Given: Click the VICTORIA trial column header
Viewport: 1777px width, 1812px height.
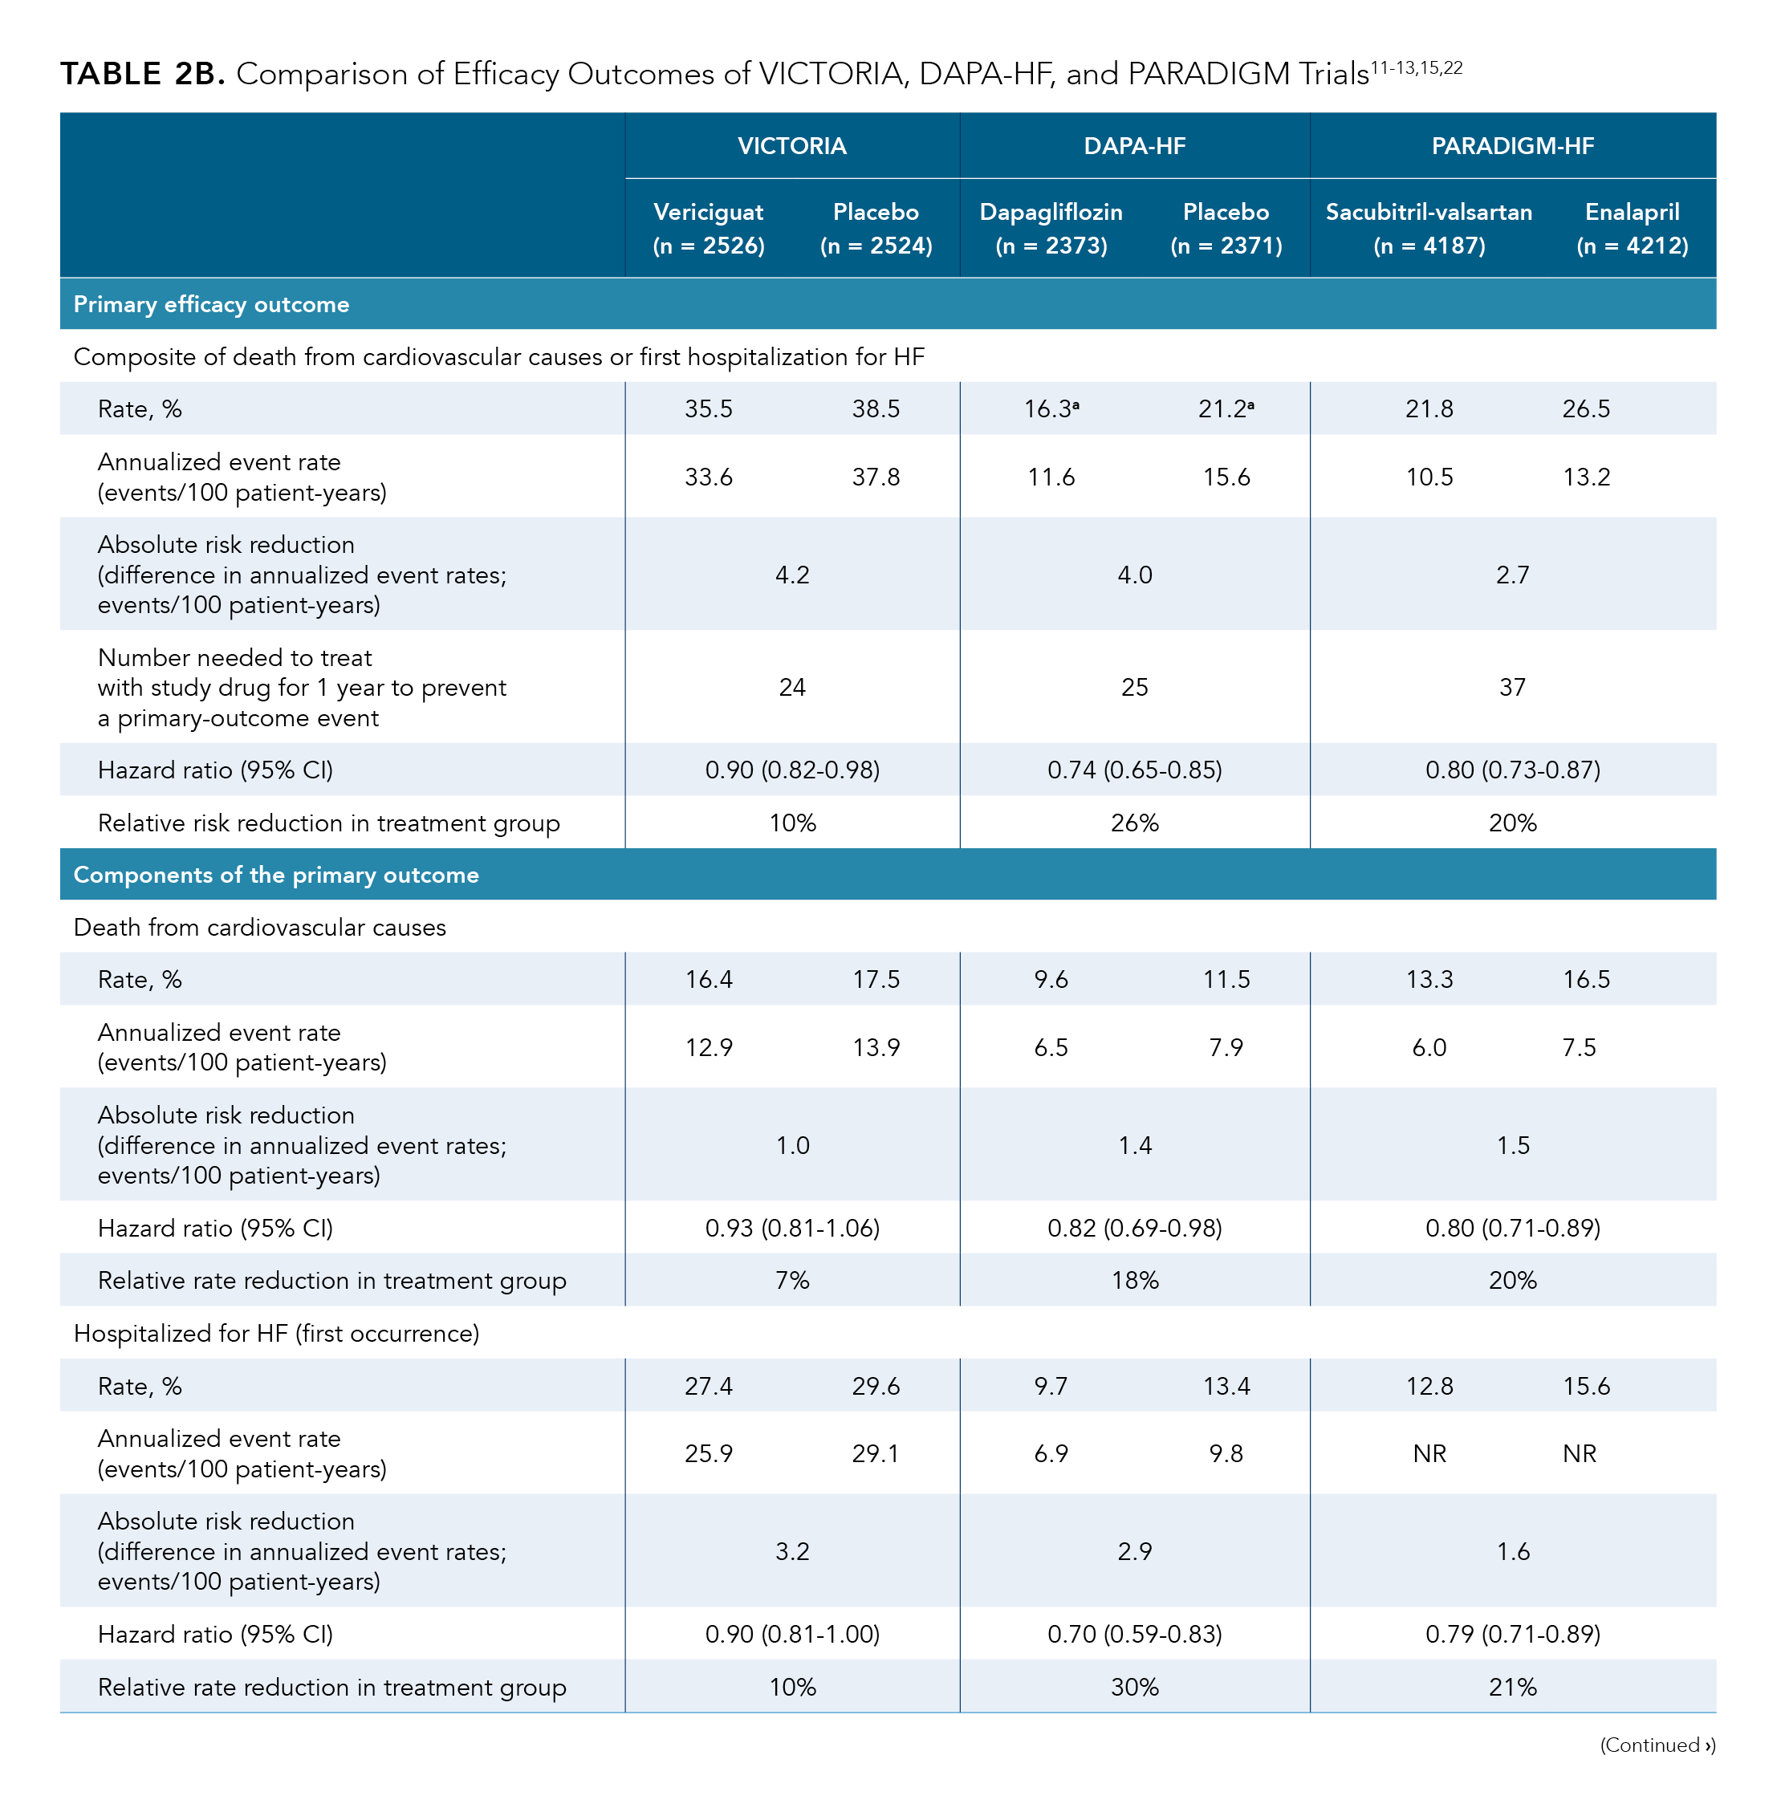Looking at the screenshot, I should coord(791,147).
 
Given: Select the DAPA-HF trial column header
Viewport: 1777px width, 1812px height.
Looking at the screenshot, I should coord(1134,147).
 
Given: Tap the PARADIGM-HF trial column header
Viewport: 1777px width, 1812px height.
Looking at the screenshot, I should coord(1512,147).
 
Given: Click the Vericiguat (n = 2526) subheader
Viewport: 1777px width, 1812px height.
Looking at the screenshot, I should coord(709,229).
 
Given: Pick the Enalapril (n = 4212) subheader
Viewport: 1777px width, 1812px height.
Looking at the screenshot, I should coord(1632,229).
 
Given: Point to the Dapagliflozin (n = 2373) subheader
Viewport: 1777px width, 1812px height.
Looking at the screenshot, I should coord(1051,229).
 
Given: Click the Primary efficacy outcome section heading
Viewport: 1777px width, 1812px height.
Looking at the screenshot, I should coord(212,304).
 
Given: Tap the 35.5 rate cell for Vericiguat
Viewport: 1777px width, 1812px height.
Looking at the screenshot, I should coord(709,408).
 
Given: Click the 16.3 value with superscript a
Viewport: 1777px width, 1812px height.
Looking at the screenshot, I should coord(1051,408).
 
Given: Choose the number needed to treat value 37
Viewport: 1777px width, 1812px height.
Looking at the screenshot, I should coord(1512,688).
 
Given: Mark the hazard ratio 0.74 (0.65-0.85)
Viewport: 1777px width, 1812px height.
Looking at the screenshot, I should coord(1134,770).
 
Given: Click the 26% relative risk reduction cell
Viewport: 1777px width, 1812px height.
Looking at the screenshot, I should coord(1134,823).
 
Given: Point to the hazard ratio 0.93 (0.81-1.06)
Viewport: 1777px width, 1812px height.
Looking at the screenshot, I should coord(791,1228).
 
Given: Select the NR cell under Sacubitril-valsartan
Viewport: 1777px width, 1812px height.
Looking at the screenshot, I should coord(1429,1454).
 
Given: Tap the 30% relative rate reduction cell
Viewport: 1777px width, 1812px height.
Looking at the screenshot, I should coord(1134,1687).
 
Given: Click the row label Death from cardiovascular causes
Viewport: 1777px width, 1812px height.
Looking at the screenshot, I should coord(259,928).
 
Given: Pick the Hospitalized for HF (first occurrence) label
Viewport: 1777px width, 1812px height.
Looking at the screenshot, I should coord(276,1334).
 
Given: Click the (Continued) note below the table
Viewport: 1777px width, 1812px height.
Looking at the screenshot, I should coord(1657,1745).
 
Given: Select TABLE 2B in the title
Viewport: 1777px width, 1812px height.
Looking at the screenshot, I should coord(143,74).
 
